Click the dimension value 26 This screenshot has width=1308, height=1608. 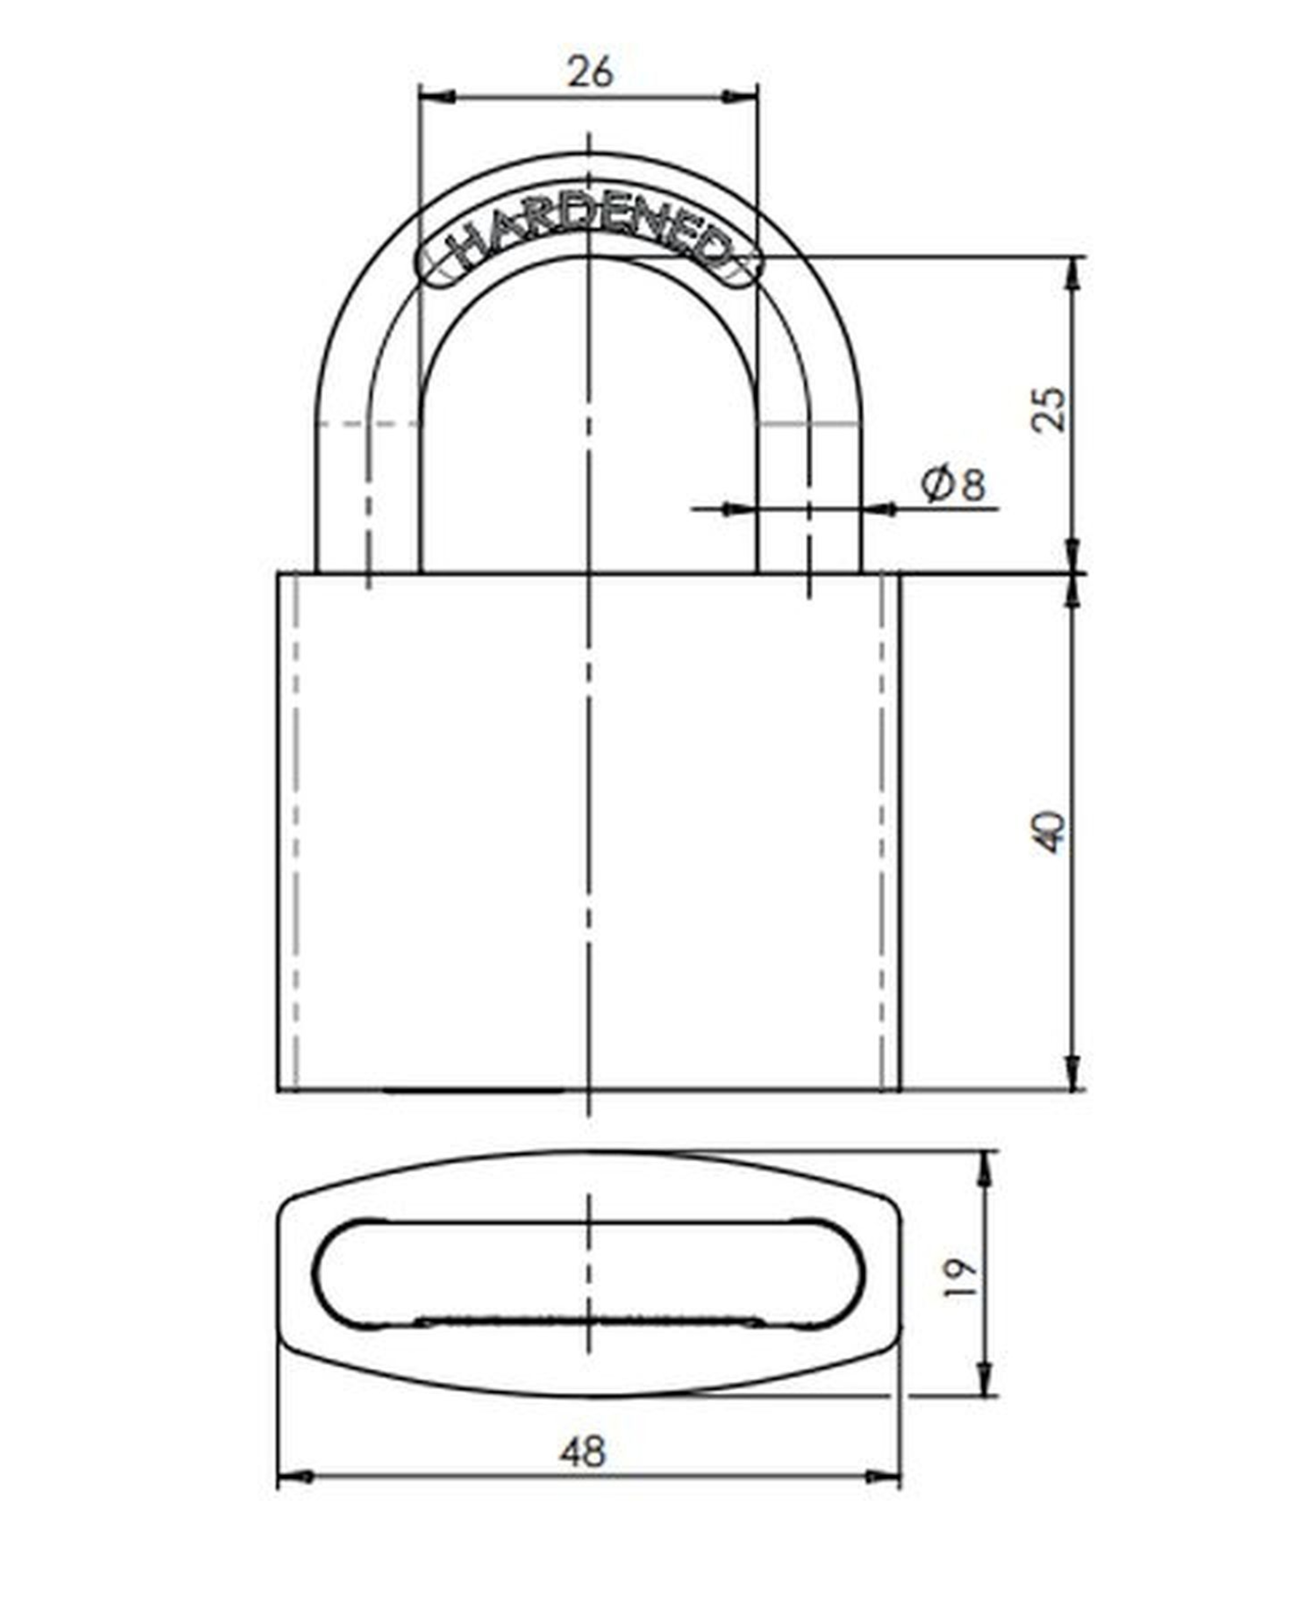(x=590, y=72)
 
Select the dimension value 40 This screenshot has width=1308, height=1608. (x=1049, y=832)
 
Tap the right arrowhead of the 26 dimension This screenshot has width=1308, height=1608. (x=739, y=96)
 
